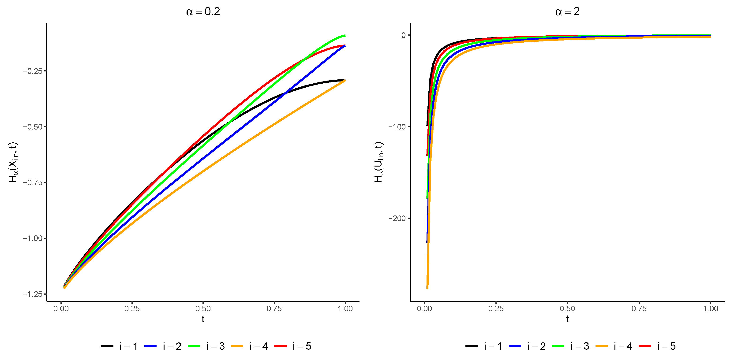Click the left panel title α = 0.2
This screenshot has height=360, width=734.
pyautogui.click(x=203, y=12)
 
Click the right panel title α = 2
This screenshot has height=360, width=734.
pyautogui.click(x=567, y=12)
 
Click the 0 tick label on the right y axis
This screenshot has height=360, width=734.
pyautogui.click(x=404, y=35)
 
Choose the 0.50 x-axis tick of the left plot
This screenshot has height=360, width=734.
pyautogui.click(x=203, y=308)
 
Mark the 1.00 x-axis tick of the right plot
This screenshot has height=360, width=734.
pyautogui.click(x=710, y=308)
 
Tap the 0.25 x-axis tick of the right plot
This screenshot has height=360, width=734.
pyautogui.click(x=496, y=308)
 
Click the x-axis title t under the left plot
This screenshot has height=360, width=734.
pyautogui.click(x=203, y=319)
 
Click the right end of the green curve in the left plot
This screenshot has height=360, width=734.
pyautogui.click(x=345, y=36)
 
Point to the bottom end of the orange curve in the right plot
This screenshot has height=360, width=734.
pyautogui.click(x=427, y=288)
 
